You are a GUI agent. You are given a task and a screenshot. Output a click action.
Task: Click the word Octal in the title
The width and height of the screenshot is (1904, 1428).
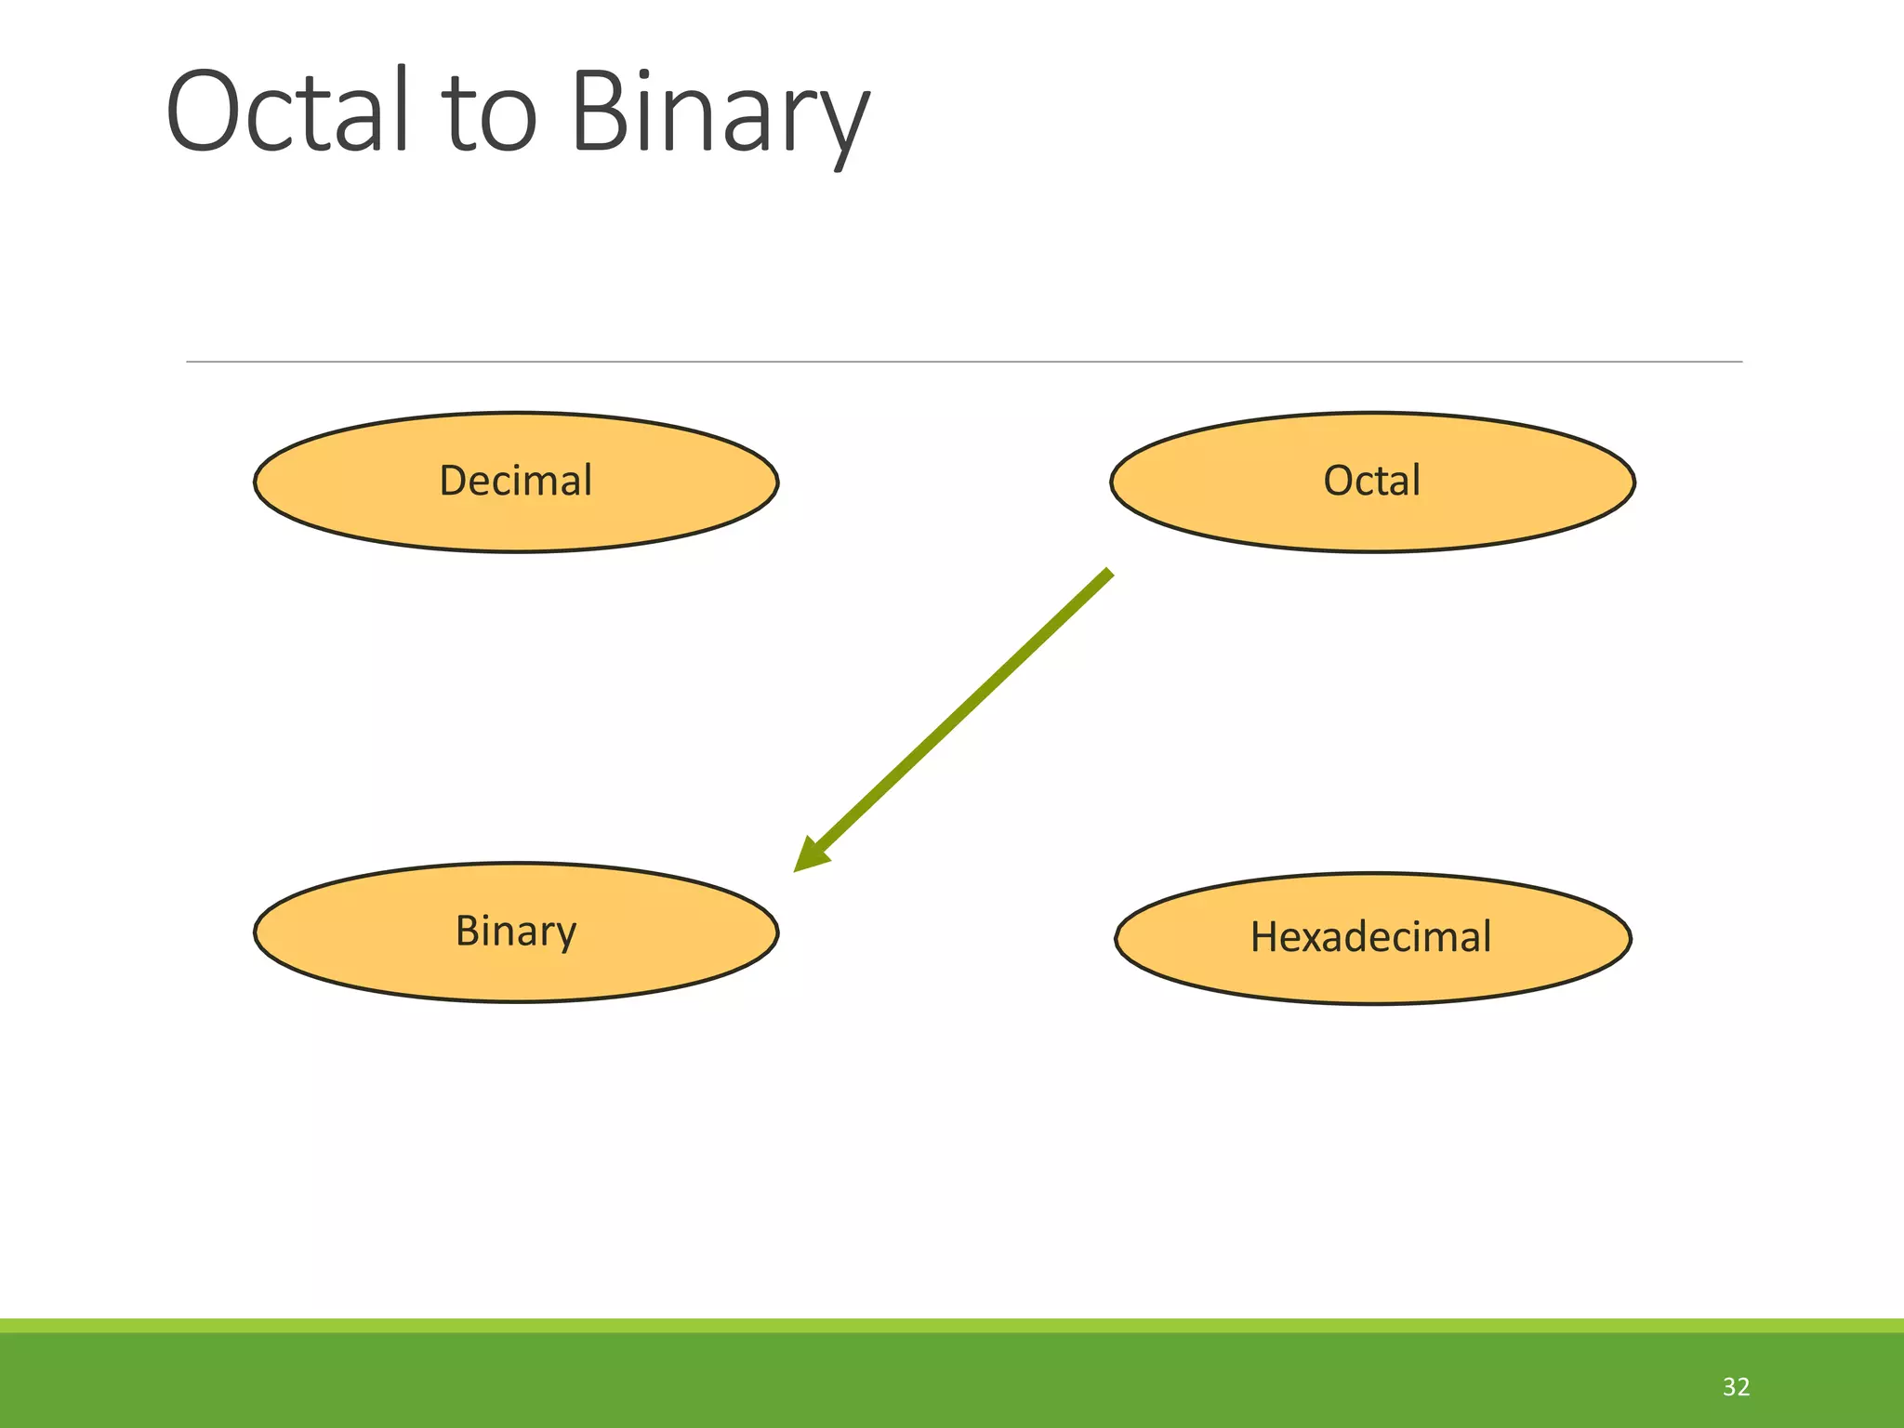287,112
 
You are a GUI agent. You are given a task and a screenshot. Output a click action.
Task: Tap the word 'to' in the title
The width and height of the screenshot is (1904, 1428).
490,116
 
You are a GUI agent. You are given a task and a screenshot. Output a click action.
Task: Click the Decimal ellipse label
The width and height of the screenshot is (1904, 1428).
515,481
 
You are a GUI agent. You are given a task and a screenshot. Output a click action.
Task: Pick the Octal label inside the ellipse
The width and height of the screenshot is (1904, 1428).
1371,481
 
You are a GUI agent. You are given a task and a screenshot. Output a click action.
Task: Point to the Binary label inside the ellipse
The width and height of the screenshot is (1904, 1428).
515,931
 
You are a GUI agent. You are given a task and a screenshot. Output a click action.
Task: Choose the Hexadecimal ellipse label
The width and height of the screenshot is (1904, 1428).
1370,936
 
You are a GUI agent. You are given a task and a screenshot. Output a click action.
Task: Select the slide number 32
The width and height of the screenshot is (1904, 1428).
1736,1386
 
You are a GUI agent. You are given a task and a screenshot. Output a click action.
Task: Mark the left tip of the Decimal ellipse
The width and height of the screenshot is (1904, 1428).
256,483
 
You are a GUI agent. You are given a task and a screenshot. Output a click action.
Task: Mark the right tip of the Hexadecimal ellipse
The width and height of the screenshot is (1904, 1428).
1630,938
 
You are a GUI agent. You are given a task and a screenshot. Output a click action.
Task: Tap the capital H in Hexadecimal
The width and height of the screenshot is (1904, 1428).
1265,936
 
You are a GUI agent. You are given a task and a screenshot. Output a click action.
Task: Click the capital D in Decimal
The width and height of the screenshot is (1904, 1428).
453,481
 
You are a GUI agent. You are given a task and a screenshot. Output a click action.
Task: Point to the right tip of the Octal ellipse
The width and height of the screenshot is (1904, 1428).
1633,483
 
